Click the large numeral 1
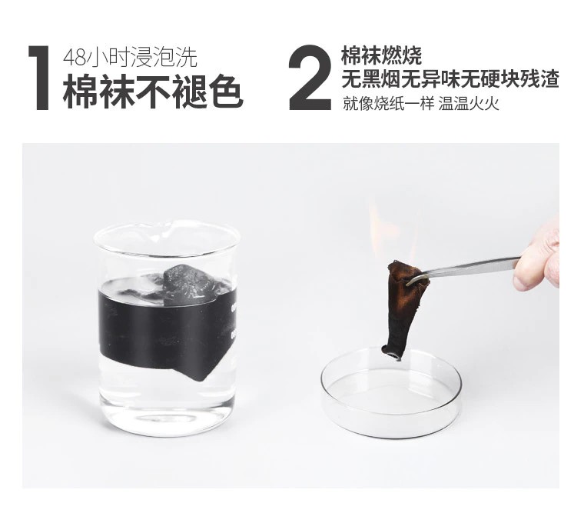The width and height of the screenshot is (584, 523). pyautogui.click(x=39, y=78)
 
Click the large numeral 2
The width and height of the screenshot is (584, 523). pyautogui.click(x=310, y=77)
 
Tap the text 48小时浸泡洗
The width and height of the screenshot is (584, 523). pyautogui.click(x=130, y=58)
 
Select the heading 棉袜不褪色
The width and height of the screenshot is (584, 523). pyautogui.click(x=153, y=92)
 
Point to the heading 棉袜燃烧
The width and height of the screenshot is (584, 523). pyautogui.click(x=381, y=55)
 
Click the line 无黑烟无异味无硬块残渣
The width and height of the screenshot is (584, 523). pyautogui.click(x=450, y=78)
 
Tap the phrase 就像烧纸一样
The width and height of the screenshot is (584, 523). pyautogui.click(x=387, y=104)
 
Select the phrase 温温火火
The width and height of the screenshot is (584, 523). pyautogui.click(x=469, y=104)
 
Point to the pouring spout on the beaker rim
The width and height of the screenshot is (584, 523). pyautogui.click(x=167, y=225)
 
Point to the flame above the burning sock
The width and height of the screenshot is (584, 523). pyautogui.click(x=395, y=231)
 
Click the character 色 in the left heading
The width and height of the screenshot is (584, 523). pyautogui.click(x=226, y=92)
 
